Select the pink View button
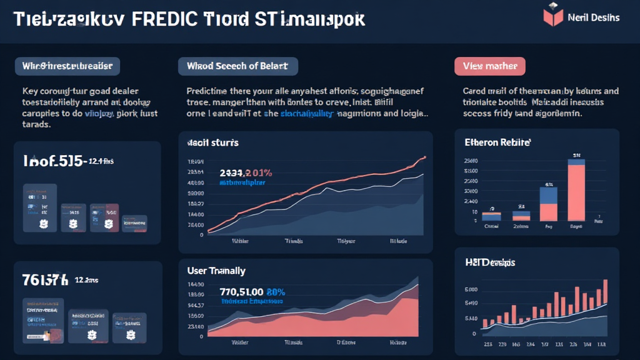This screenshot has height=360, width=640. (x=489, y=66)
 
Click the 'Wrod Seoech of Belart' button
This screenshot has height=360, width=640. (x=237, y=66)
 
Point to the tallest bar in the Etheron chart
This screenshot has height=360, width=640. (x=576, y=191)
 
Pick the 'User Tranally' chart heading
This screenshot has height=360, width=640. (x=216, y=271)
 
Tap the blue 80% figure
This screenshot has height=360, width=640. (x=276, y=291)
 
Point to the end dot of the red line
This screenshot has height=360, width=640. (x=425, y=157)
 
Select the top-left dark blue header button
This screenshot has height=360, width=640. (x=67, y=66)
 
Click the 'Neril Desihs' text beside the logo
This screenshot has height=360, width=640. (x=593, y=17)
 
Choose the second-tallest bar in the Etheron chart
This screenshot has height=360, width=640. (x=548, y=204)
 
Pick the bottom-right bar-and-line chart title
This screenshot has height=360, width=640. (x=490, y=263)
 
